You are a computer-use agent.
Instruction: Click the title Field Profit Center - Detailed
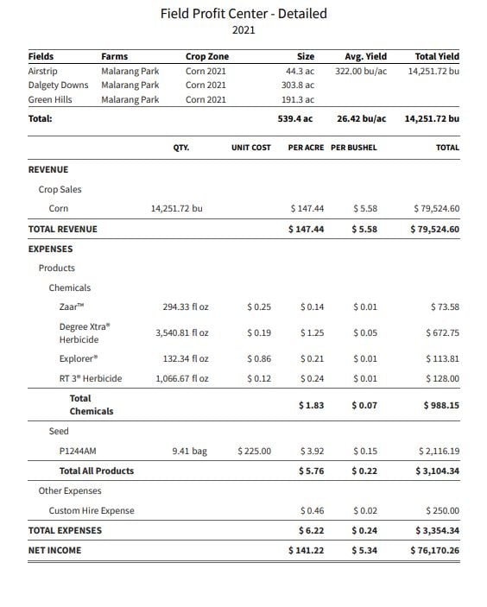click(244, 14)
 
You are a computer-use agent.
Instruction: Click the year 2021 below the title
click(244, 30)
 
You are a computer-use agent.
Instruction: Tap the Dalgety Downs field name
click(58, 85)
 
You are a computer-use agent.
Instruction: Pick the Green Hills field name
click(50, 100)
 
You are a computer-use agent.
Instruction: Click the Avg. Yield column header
click(365, 57)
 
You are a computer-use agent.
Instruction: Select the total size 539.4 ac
click(294, 118)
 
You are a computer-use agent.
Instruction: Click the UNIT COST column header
click(250, 148)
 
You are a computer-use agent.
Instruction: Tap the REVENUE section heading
click(48, 170)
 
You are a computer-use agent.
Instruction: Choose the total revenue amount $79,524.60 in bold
click(435, 229)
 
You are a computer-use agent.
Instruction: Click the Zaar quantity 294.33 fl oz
click(186, 307)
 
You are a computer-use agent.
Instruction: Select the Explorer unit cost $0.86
click(258, 358)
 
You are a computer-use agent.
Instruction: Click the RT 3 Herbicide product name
click(91, 378)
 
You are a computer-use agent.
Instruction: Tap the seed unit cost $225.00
click(253, 451)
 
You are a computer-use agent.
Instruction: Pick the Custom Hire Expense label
click(92, 510)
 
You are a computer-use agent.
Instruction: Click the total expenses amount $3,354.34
click(437, 530)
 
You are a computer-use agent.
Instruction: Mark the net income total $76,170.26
click(435, 550)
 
